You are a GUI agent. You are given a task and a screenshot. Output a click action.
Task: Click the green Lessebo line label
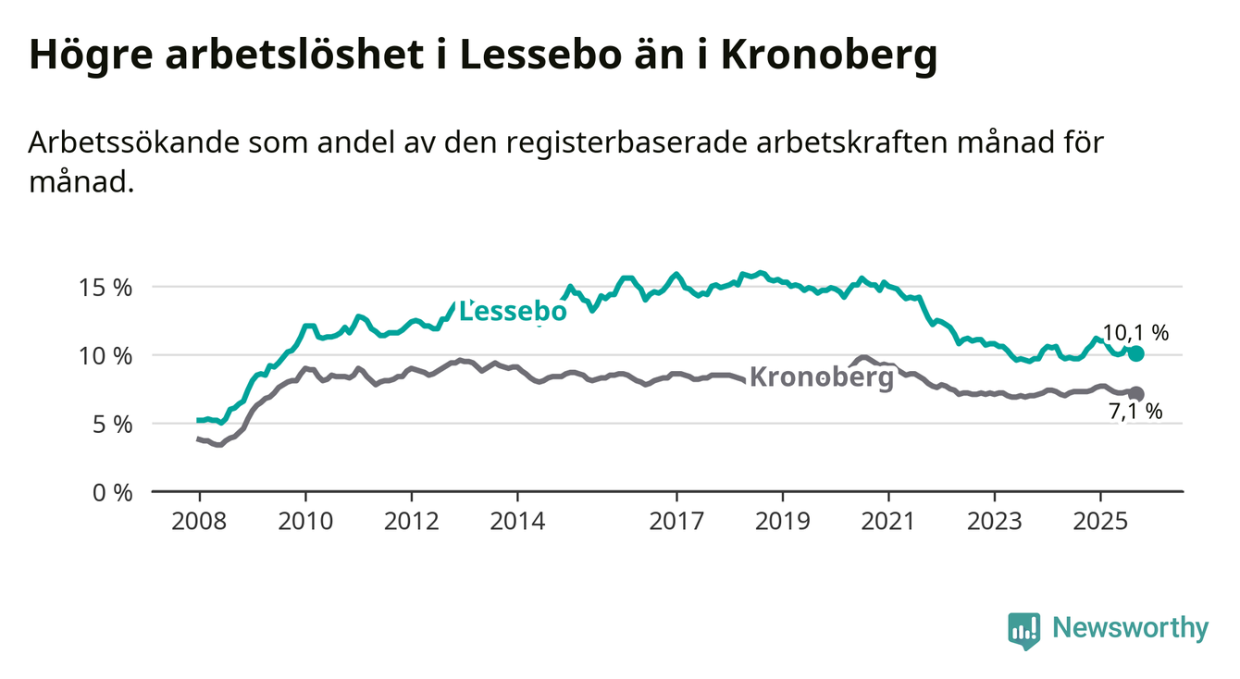click(514, 313)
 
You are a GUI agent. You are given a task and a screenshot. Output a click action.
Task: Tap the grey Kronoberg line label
click(821, 377)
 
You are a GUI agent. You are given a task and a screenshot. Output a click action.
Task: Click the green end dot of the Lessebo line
click(1136, 353)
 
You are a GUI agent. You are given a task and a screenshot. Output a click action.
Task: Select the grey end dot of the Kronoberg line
click(1136, 394)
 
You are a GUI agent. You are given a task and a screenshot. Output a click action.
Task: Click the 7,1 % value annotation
click(1135, 413)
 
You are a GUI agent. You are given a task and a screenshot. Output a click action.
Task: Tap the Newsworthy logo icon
click(1023, 630)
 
